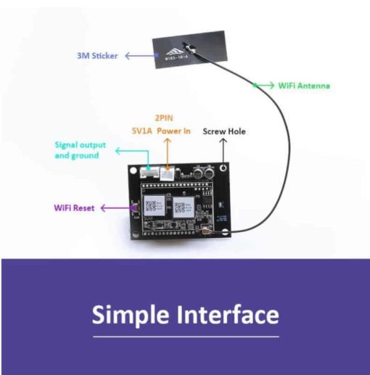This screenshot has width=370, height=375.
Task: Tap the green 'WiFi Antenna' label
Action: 304,85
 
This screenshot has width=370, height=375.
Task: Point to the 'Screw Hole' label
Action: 223,131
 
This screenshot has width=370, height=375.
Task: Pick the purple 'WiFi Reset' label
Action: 73,207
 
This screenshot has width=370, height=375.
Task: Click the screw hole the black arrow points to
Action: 226,168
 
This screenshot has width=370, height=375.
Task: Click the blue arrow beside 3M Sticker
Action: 139,55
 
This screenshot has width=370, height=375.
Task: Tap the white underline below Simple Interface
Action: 185,336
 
